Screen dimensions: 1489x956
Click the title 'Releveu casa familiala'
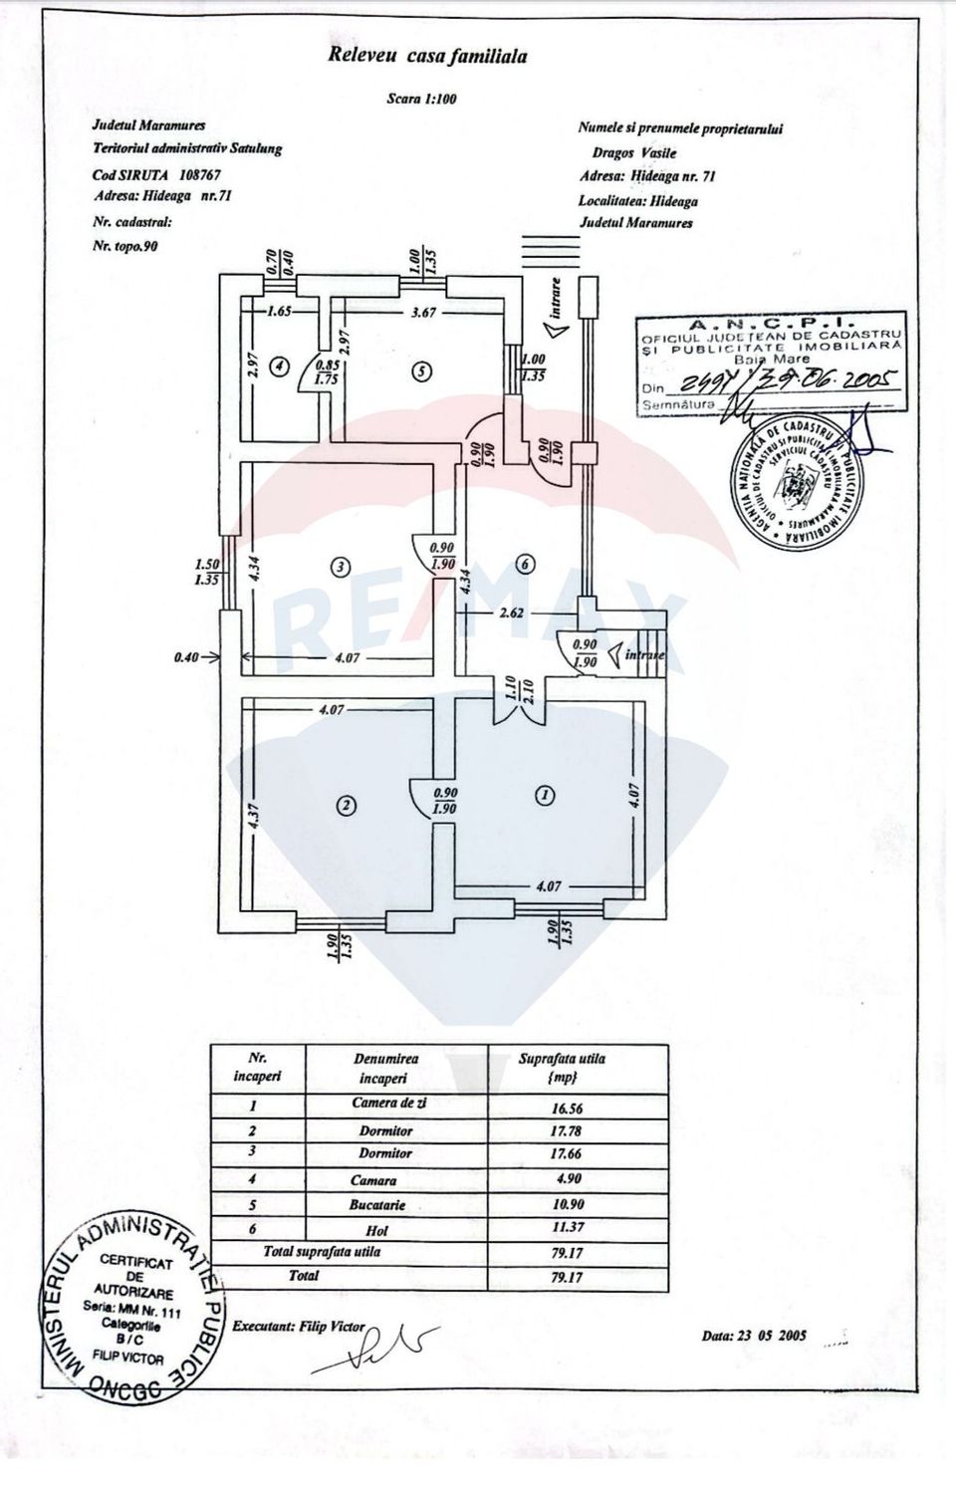[x=427, y=56]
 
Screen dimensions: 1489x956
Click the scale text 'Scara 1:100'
[x=421, y=99]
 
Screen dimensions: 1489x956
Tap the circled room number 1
[x=544, y=795]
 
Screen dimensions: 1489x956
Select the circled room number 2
[x=346, y=806]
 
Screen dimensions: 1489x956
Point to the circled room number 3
[x=341, y=567]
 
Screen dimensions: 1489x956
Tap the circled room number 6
[x=526, y=565]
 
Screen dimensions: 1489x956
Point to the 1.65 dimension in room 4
[x=279, y=312]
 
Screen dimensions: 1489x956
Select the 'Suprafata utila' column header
[x=562, y=1068]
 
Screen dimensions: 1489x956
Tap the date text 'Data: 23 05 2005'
[x=754, y=1336]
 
